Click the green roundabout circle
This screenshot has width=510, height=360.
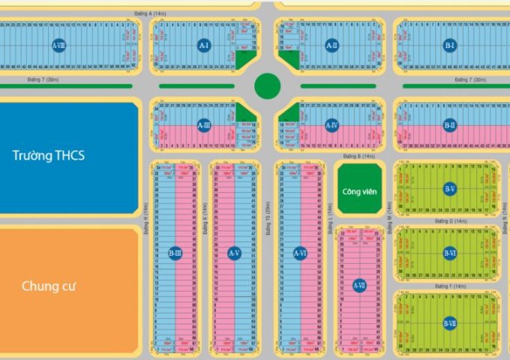[267, 86]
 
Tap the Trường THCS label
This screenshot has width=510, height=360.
[49, 156]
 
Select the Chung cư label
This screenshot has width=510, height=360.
[50, 286]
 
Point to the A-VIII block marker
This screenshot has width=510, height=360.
[58, 46]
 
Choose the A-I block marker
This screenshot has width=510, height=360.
[203, 46]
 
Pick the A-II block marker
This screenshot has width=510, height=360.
[331, 46]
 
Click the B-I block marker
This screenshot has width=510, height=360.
[449, 46]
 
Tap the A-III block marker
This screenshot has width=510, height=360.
[203, 125]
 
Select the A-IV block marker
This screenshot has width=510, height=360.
[331, 125]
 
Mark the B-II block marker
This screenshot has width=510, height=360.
[449, 125]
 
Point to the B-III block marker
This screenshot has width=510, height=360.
[175, 253]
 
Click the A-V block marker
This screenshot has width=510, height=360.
[233, 253]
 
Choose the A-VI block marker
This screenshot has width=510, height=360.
[300, 253]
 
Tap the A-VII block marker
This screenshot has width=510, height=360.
[359, 284]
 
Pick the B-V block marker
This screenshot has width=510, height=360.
[449, 189]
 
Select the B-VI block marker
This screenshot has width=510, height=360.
[449, 253]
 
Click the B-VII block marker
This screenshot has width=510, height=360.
[449, 323]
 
